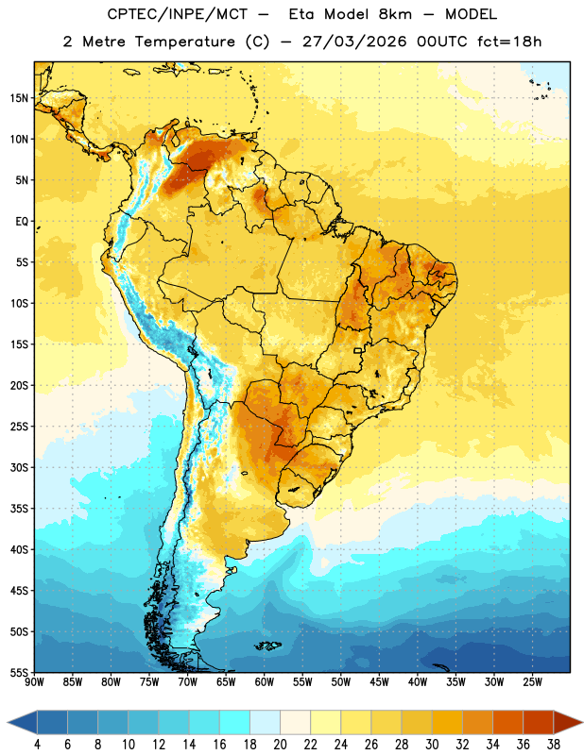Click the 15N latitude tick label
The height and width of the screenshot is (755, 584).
click(x=19, y=98)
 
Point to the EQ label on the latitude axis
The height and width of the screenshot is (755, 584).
click(x=22, y=222)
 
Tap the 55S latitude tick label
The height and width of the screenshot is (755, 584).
click(x=19, y=673)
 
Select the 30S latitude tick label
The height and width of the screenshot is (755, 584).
click(x=19, y=467)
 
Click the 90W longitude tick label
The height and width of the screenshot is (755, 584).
click(x=34, y=682)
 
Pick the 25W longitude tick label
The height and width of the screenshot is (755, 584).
click(x=532, y=682)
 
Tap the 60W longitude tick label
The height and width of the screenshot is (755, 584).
click(x=265, y=682)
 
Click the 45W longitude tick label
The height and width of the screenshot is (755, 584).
click(x=379, y=682)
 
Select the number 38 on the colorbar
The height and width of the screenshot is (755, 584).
click(x=554, y=745)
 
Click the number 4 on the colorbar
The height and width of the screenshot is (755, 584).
click(x=37, y=745)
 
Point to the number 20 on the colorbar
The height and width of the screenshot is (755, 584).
click(x=280, y=745)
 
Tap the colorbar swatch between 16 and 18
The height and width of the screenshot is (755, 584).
click(x=235, y=722)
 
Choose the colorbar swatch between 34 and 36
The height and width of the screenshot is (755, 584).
click(x=508, y=722)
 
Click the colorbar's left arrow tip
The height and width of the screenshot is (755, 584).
click(x=8, y=722)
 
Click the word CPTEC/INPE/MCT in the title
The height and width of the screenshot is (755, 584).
click(x=178, y=14)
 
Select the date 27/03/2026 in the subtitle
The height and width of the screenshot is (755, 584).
click(x=354, y=42)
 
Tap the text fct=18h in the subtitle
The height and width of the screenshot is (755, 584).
click(x=509, y=42)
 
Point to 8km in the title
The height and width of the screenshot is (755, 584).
click(x=395, y=14)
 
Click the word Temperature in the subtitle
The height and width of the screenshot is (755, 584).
click(x=184, y=42)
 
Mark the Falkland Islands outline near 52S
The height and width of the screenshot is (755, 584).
click(x=268, y=646)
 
